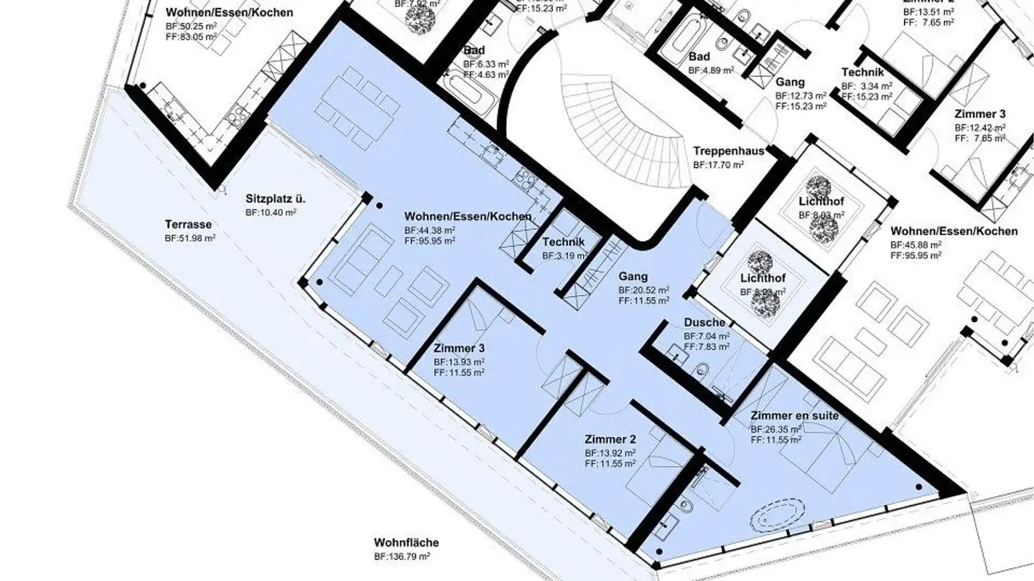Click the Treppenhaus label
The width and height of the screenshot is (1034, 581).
click(728, 151)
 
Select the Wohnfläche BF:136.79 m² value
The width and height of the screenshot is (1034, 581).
click(401, 556)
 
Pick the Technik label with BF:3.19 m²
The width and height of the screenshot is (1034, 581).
click(564, 242)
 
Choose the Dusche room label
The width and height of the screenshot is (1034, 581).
click(704, 323)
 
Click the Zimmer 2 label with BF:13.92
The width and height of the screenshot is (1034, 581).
click(610, 440)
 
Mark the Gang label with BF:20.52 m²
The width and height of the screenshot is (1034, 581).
click(633, 276)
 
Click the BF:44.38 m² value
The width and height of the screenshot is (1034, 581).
click(429, 230)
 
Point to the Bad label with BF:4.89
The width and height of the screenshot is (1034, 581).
click(699, 57)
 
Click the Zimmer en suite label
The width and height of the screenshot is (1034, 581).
click(794, 416)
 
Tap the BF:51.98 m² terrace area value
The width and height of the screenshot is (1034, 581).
click(190, 238)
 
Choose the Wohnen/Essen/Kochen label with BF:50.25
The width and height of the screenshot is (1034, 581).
click(229, 12)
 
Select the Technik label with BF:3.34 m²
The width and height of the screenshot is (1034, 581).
click(867, 72)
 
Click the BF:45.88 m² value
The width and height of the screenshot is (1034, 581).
click(916, 245)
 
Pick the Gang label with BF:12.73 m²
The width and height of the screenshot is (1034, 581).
click(790, 82)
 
